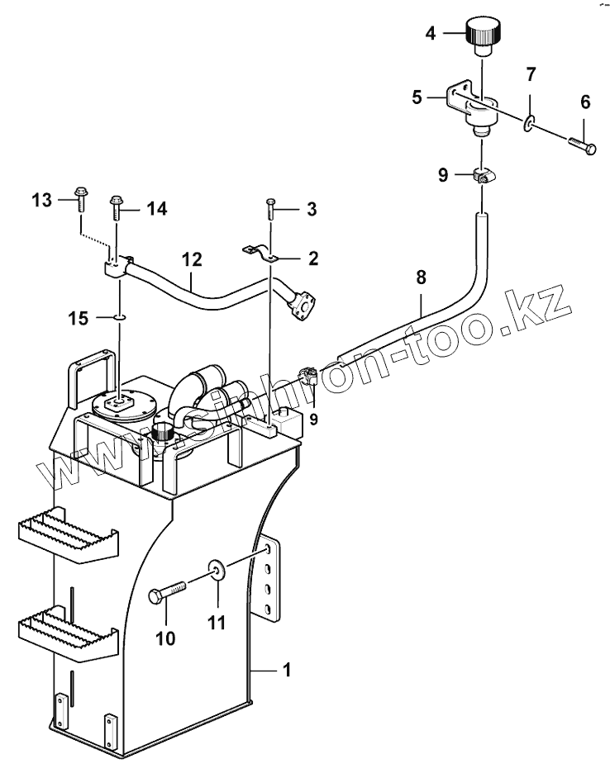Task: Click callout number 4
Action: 431,34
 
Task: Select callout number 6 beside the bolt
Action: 584,103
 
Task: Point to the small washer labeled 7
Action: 527,124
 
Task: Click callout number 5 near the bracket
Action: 417,97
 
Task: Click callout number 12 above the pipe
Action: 192,258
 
